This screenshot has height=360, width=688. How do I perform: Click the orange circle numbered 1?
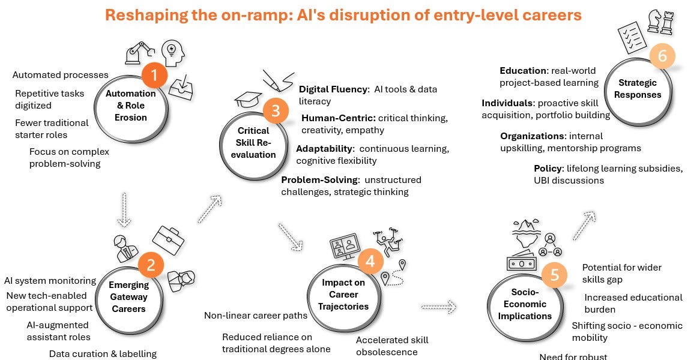[x=154, y=75]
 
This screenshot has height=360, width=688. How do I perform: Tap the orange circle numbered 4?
[x=371, y=262]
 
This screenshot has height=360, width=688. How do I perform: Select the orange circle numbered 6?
[x=662, y=56]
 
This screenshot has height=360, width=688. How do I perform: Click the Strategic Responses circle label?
[x=638, y=89]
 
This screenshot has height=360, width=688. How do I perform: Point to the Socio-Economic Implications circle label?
[x=525, y=304]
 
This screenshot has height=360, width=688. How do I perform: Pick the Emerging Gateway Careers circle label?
[x=128, y=297]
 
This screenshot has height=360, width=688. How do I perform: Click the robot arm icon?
[x=139, y=53]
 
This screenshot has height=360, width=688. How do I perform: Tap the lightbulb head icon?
[x=172, y=53]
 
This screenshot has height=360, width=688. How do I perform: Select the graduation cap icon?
[x=249, y=99]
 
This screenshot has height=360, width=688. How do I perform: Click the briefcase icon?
[x=168, y=240]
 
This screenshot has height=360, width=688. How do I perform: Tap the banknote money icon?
[x=521, y=263]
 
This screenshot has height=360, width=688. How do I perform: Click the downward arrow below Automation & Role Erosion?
[x=124, y=210]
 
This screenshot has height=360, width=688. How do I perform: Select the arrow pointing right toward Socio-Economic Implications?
[x=438, y=307]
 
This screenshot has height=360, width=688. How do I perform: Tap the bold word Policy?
[x=549, y=169]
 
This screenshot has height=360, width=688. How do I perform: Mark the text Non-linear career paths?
[x=256, y=315]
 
